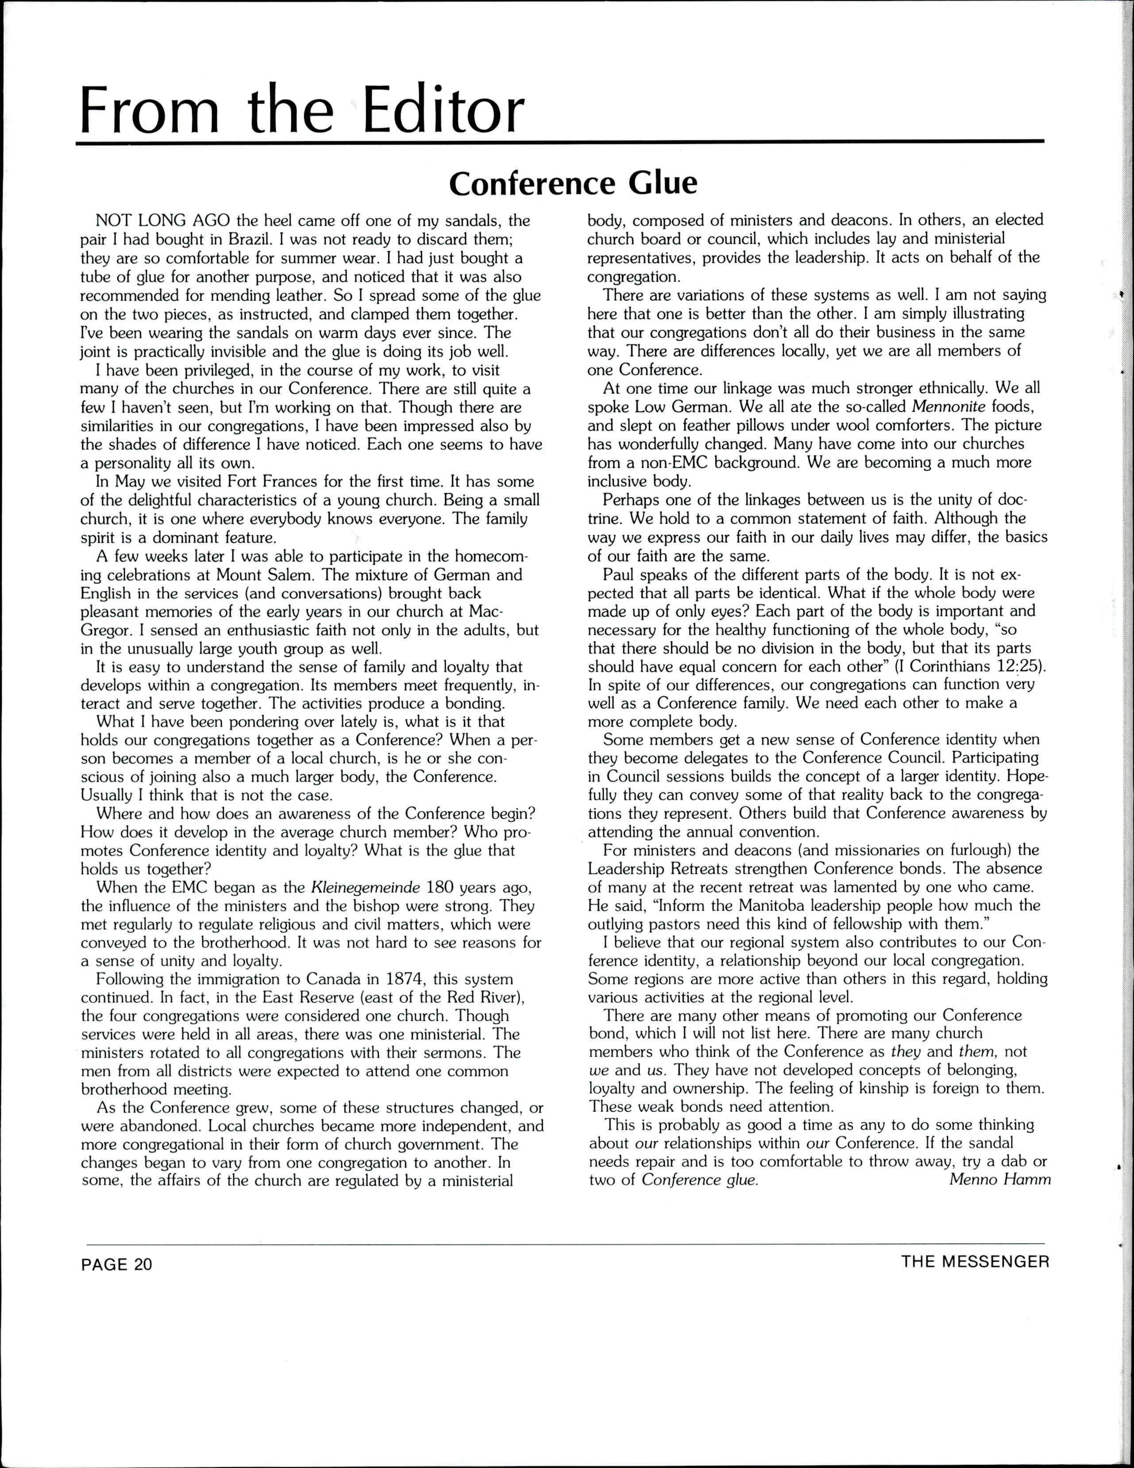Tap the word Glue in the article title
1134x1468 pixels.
click(663, 183)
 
